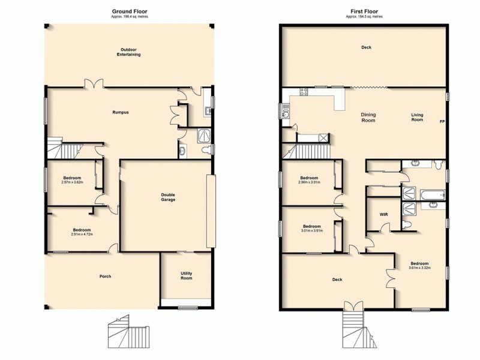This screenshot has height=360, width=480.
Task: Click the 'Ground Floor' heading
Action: point(129,11)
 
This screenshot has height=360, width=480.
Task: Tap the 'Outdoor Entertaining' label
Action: point(129,52)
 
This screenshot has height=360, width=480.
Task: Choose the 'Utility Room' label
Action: point(187,276)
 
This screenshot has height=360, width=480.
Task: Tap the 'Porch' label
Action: point(105,276)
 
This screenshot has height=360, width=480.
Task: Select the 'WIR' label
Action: point(383,214)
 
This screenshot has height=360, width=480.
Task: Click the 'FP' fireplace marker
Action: point(442,122)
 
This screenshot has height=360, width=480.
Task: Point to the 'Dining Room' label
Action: point(368,118)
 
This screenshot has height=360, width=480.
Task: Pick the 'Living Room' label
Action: point(417,118)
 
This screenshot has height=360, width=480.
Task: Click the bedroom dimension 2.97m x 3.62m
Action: point(73,182)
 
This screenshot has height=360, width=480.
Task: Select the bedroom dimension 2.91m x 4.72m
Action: point(81,235)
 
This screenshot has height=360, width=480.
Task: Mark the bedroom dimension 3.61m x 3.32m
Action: point(419,267)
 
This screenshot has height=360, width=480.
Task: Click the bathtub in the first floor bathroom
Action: point(433,195)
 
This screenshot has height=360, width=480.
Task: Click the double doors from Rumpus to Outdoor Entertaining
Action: point(91,85)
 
